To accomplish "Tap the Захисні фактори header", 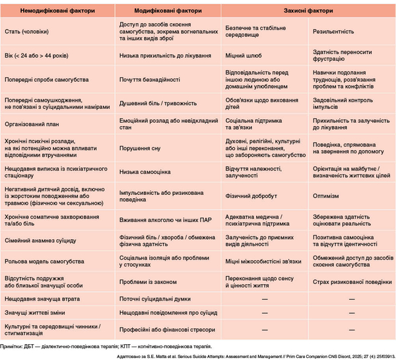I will click(308, 12).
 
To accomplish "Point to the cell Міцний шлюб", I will click(240, 55).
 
